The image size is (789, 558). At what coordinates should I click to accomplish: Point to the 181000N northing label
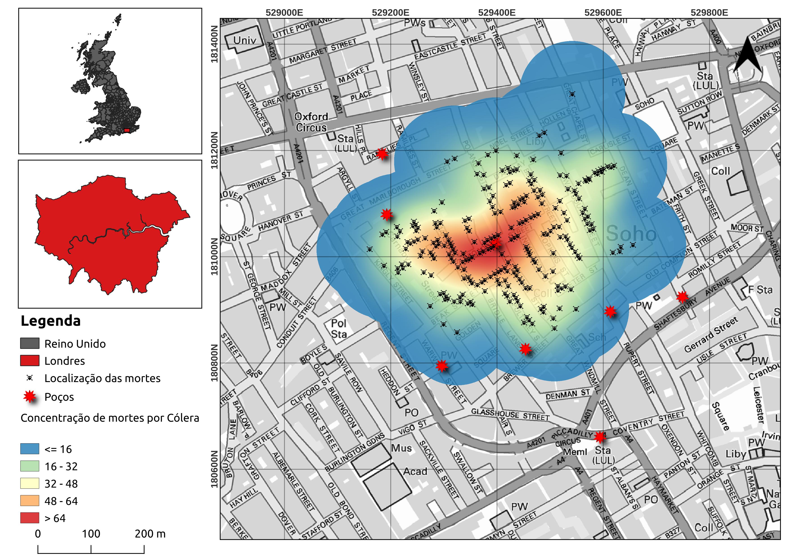pos(214,256)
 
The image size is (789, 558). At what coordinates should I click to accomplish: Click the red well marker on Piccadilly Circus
pos(600,437)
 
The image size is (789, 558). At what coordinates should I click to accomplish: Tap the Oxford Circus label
pos(311,122)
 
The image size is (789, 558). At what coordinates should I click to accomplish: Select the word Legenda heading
pos(51,321)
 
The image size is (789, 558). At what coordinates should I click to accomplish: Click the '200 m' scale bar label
pos(150,534)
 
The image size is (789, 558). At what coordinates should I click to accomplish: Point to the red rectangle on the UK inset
pos(127,130)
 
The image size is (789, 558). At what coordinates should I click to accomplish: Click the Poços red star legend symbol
pos(30,397)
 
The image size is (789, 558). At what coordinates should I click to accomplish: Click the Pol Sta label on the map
pos(339,329)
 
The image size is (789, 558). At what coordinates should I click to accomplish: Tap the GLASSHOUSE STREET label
pos(510,414)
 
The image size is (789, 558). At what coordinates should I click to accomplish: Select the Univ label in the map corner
pos(245,40)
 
